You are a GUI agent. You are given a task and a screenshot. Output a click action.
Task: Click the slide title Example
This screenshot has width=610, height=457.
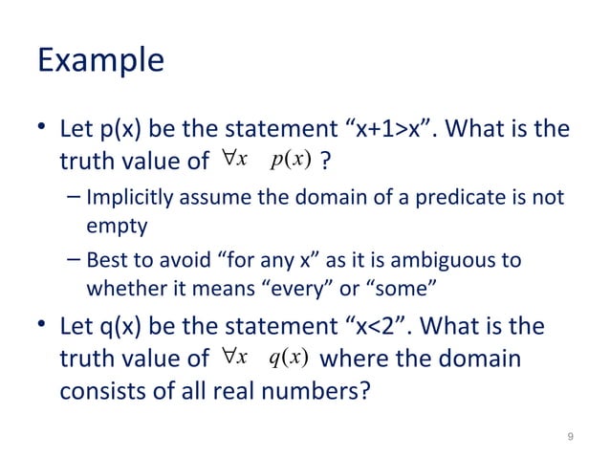click(x=99, y=61)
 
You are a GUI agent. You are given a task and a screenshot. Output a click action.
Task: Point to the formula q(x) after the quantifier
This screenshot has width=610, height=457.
click(x=287, y=359)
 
